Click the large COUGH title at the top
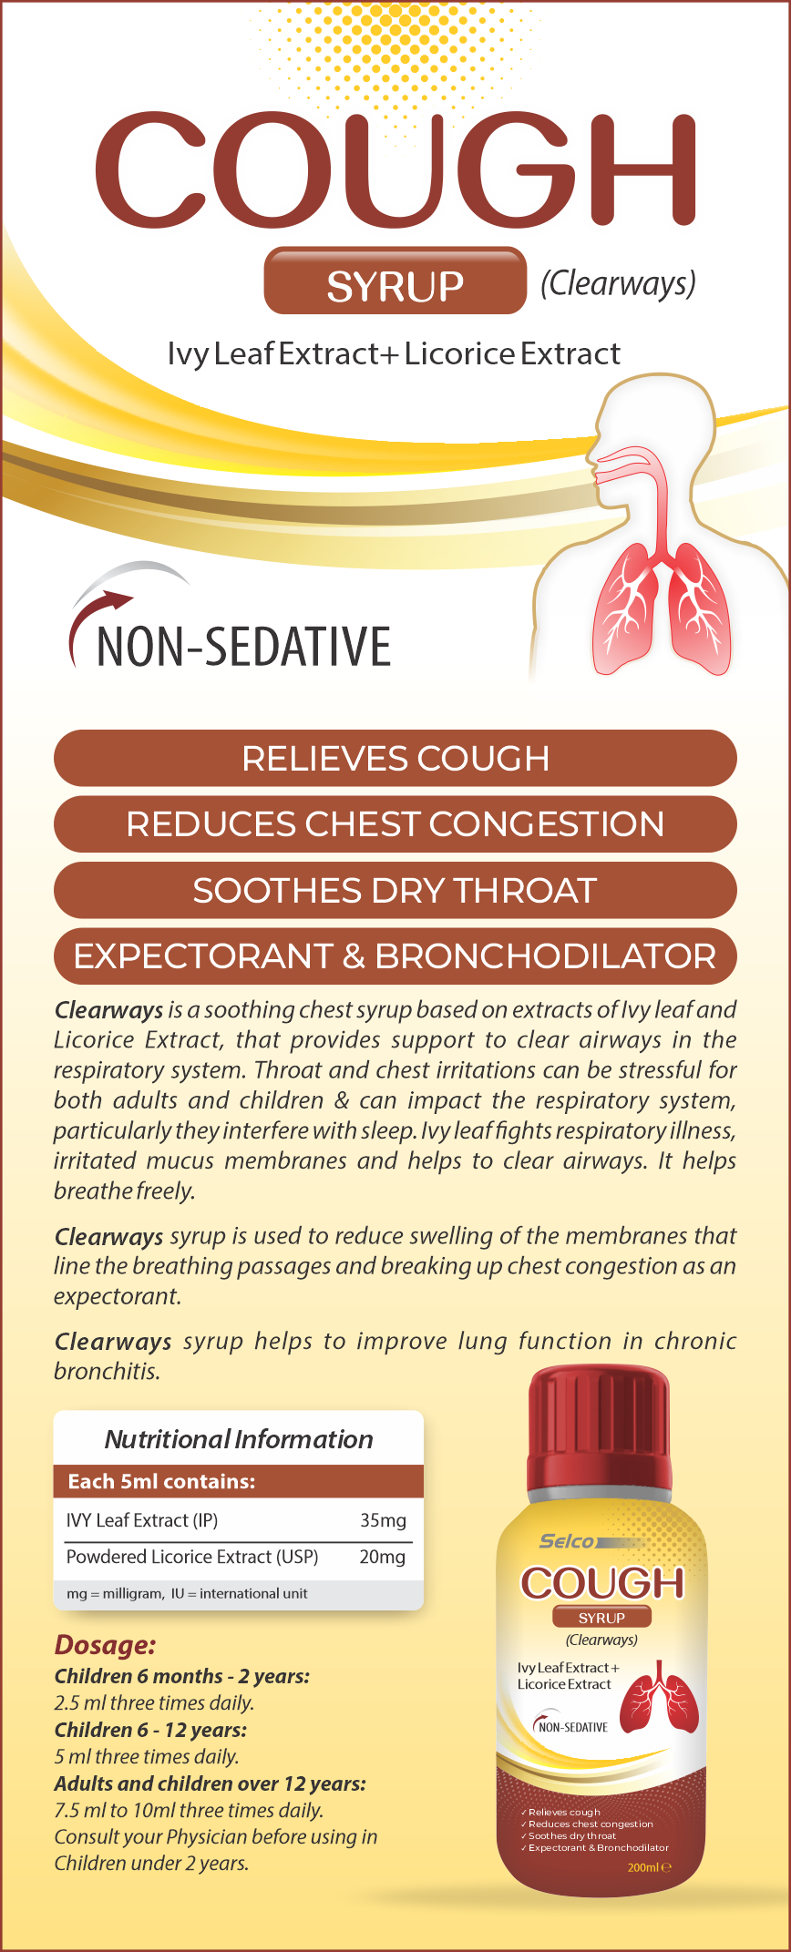click(395, 169)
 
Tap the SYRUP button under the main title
click(395, 281)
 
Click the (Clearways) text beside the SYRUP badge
click(618, 283)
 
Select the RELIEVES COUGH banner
click(395, 758)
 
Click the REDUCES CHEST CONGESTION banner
click(395, 824)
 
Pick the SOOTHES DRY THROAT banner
click(395, 890)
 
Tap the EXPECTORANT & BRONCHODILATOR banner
click(395, 956)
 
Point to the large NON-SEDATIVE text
click(244, 647)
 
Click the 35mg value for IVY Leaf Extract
click(383, 1520)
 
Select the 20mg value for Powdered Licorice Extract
click(383, 1557)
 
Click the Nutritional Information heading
click(239, 1439)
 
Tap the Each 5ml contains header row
click(239, 1481)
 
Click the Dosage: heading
click(105, 1645)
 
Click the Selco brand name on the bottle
click(567, 1541)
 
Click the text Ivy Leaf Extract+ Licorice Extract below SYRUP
click(394, 353)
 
